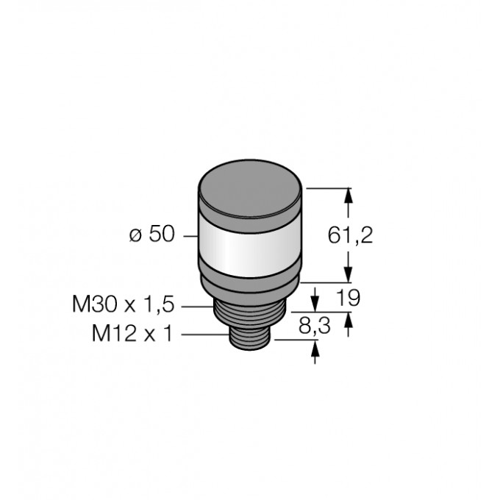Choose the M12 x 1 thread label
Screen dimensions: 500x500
[x=132, y=335]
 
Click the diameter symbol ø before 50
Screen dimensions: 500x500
[x=135, y=236]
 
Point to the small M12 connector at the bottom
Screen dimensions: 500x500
[x=251, y=337]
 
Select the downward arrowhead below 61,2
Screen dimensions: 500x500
[x=349, y=275]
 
